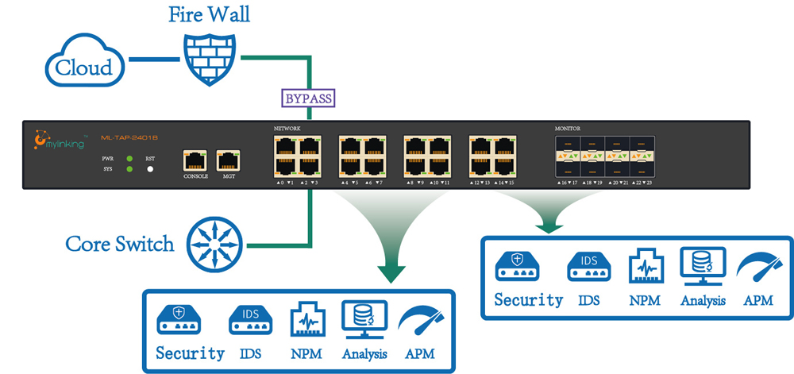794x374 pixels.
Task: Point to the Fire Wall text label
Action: pos(209,15)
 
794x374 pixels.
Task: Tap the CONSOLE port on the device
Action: pos(195,159)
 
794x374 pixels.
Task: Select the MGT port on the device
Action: pos(229,159)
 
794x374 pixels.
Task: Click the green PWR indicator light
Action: pos(129,159)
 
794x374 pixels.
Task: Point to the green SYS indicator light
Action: pos(129,169)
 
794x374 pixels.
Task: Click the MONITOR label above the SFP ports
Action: pos(568,129)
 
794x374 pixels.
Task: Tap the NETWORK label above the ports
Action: pos(287,129)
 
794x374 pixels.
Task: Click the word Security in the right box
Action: pos(528,300)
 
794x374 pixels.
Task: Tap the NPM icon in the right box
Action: pos(644,268)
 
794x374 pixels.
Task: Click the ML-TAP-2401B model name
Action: pos(127,137)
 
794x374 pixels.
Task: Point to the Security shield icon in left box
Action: pos(178,319)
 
